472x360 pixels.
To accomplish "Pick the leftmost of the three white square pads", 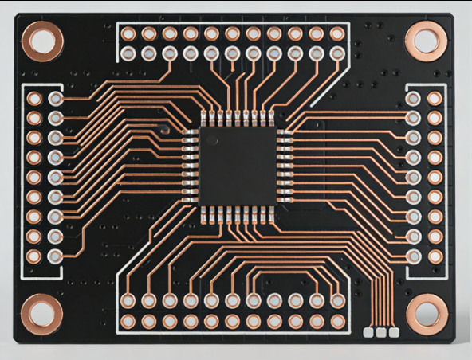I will click(369, 331).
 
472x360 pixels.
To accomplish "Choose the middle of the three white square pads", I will click(381, 331).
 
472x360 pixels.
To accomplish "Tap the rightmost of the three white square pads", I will click(393, 331).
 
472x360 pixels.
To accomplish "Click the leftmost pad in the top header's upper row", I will click(128, 34).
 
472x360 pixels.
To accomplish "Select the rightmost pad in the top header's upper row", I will click(337, 34).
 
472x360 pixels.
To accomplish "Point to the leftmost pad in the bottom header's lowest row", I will click(128, 322).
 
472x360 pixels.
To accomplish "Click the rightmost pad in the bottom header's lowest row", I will click(337, 322).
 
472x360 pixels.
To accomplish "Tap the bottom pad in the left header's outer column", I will click(33, 256).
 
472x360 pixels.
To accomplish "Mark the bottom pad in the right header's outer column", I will click(435, 256).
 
